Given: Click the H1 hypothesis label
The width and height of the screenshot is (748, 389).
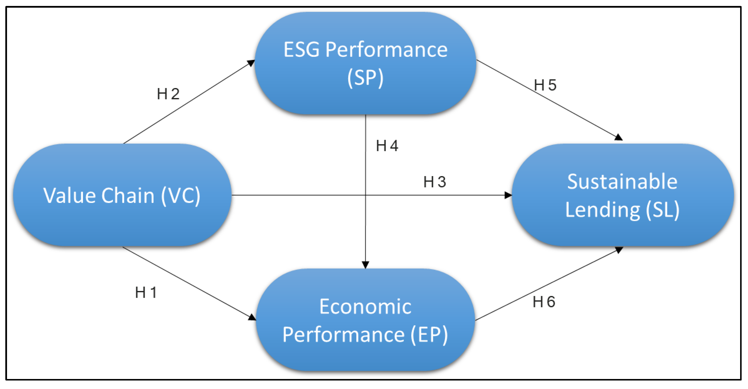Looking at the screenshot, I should [146, 293].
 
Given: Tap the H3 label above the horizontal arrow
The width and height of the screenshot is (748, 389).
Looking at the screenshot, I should [434, 182].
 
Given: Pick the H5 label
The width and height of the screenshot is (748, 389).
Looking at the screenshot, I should [545, 85].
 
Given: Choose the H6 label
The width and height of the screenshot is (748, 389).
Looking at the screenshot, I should [544, 302].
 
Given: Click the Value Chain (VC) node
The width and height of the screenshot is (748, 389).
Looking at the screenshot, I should [122, 195].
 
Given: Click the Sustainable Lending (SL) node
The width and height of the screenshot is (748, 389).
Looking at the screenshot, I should [622, 195].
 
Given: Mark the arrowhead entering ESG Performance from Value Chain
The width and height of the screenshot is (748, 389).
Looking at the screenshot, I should [251, 63].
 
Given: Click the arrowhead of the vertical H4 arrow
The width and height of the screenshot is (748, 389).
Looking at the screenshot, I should [365, 264].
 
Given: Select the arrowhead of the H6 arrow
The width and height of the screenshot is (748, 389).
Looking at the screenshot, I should [619, 249].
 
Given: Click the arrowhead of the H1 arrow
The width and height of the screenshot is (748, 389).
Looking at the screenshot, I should [252, 317].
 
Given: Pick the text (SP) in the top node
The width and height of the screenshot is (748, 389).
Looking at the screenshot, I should [365, 78].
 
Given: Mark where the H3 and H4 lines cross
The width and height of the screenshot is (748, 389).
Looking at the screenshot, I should [365, 195].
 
